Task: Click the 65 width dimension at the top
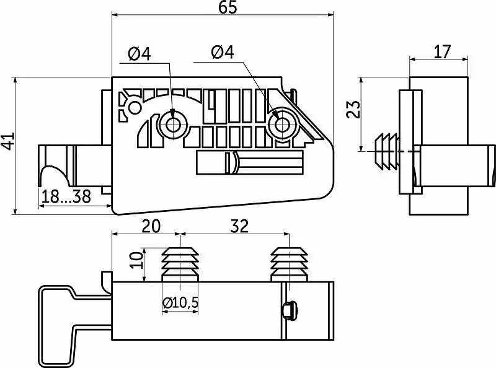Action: pyautogui.click(x=228, y=8)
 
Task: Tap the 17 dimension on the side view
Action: pyautogui.click(x=441, y=51)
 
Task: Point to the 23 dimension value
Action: pyautogui.click(x=352, y=110)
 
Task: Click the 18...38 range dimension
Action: pyautogui.click(x=66, y=197)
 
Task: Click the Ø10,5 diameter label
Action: pyautogui.click(x=182, y=304)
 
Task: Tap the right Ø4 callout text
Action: pyautogui.click(x=222, y=53)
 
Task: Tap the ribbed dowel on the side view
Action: pyautogui.click(x=388, y=151)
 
